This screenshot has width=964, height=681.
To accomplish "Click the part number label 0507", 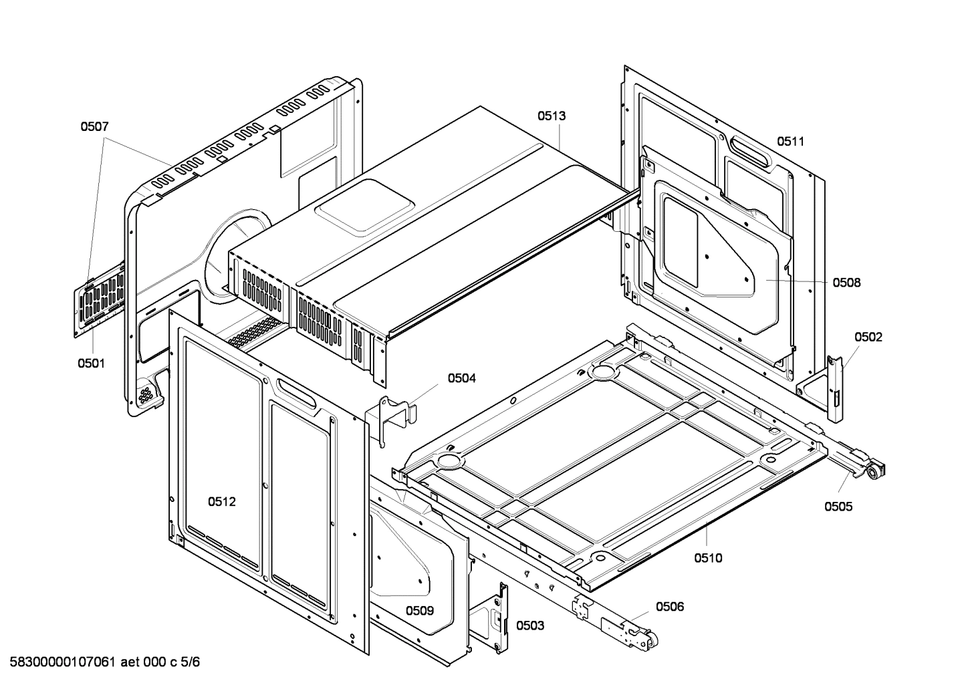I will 94,126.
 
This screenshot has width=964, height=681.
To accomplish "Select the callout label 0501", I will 91,364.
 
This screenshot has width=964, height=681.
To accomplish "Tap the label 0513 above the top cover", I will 552,116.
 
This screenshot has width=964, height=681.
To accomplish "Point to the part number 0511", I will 790,141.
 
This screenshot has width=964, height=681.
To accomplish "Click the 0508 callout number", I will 846,283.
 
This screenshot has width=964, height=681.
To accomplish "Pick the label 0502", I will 868,337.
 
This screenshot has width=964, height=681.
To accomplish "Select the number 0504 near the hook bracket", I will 462,378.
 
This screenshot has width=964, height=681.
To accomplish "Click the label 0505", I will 838,507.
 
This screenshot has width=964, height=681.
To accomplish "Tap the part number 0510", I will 708,558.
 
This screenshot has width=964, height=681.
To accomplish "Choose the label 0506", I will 670,606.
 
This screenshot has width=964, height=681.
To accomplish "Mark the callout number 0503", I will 529,626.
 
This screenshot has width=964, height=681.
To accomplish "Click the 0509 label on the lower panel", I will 420,610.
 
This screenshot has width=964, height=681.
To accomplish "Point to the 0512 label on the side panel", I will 221,502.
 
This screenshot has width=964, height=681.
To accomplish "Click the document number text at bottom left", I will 101,663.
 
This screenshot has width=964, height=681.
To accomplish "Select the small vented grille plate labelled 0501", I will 100,299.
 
